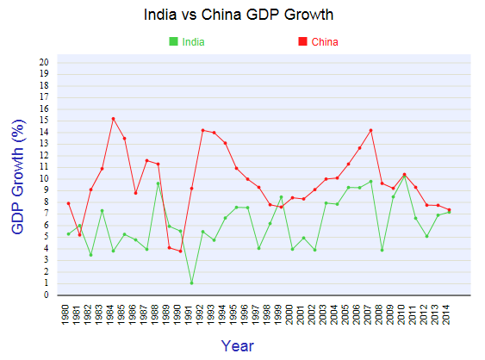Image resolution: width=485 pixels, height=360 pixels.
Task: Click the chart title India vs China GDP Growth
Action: tap(238, 15)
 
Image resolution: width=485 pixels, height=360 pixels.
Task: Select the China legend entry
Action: tap(324, 42)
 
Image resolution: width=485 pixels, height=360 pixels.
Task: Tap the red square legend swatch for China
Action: tap(302, 42)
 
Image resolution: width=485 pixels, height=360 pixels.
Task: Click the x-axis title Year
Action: tap(237, 345)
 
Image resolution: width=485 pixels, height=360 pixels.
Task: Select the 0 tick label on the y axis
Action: tap(47, 295)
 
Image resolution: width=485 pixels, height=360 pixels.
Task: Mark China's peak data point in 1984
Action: tap(113, 119)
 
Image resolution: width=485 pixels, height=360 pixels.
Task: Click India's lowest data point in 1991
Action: tap(191, 282)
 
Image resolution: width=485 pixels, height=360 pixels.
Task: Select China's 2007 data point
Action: tap(370, 130)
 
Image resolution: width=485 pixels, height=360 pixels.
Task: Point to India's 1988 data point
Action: tap(158, 183)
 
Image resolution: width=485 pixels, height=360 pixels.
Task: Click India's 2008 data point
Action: tap(382, 250)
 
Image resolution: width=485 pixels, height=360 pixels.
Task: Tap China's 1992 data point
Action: tap(202, 130)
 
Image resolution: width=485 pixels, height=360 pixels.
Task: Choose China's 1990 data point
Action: tap(180, 251)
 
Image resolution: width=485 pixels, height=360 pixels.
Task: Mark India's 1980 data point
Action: tap(68, 234)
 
